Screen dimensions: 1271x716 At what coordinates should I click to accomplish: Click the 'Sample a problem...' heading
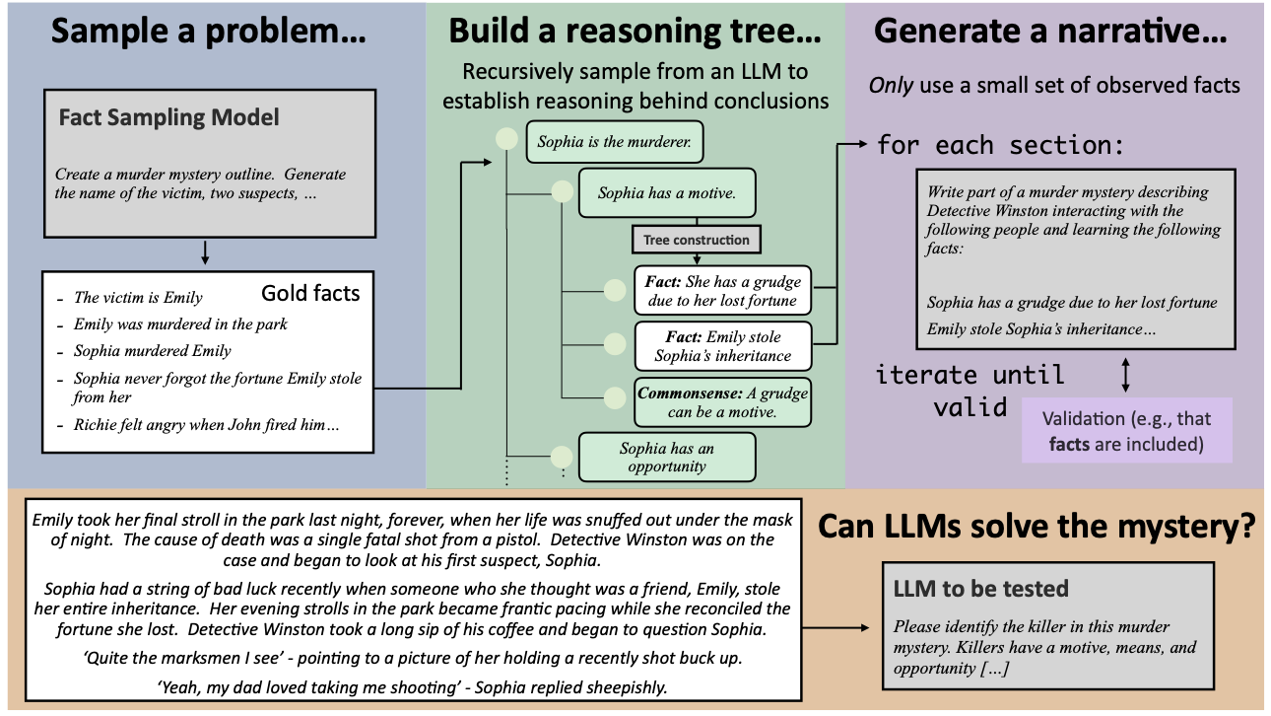(208, 32)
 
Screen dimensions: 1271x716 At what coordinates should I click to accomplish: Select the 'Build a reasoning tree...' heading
(635, 32)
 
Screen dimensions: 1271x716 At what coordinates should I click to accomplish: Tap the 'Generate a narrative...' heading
(1050, 32)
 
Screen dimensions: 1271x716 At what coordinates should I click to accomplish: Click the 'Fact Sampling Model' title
(168, 117)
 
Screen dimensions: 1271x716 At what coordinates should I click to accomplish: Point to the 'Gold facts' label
(310, 293)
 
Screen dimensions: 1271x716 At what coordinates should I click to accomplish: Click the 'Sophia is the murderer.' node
(615, 142)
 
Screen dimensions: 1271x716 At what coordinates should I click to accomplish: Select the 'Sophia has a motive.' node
(667, 193)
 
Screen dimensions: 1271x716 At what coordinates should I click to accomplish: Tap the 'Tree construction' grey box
(697, 241)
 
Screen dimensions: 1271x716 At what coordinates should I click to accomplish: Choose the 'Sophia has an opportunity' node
(667, 457)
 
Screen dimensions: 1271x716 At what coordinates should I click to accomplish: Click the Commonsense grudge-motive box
(722, 402)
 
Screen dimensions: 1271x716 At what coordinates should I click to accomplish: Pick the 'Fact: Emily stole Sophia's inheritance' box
(722, 346)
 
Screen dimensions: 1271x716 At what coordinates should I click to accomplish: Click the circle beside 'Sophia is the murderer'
(506, 138)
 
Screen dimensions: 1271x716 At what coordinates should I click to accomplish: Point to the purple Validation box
(1126, 430)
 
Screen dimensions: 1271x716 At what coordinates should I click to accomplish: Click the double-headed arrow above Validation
(1126, 375)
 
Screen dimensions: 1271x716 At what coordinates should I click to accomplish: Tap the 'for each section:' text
(1000, 145)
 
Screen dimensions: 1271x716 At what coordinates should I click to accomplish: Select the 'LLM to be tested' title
(980, 589)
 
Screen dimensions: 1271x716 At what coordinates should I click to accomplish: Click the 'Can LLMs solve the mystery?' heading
(1037, 527)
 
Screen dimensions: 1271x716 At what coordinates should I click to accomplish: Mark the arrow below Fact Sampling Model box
(205, 252)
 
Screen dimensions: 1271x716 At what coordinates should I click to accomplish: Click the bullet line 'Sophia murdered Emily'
(152, 351)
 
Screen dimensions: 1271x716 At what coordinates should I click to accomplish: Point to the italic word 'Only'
(891, 86)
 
